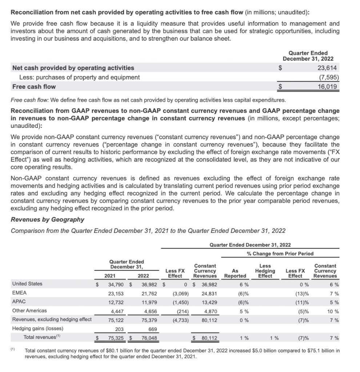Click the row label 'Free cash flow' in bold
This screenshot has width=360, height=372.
[34, 86]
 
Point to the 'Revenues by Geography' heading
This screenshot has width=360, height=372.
[48, 219]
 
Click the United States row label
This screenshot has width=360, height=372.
[27, 284]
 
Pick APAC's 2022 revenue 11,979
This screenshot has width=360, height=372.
[149, 302]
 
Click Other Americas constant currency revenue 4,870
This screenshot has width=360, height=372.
[209, 311]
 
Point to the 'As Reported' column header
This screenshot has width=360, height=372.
[235, 274]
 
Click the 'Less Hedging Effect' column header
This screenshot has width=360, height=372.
[265, 271]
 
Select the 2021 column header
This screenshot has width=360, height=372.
[110, 276]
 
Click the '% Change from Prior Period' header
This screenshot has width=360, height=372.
[280, 253]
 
